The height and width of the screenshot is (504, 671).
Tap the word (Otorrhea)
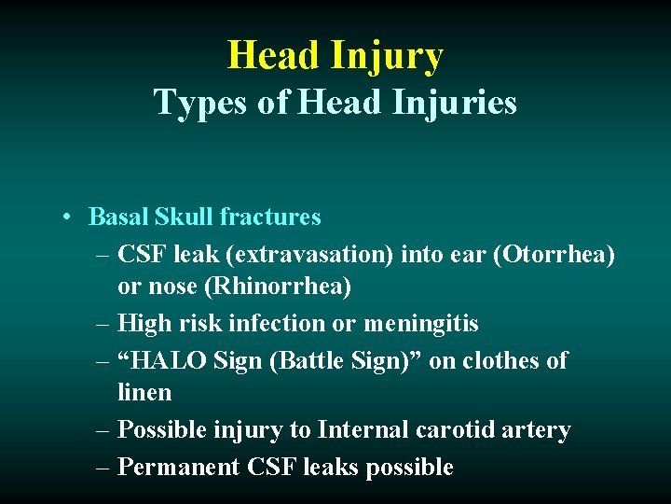tap(557, 254)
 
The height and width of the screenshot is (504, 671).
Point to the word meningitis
tap(421, 324)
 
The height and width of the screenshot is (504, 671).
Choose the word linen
tap(144, 392)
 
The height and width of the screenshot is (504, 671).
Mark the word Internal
tap(360, 430)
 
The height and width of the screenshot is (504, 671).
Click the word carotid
tap(456, 430)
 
